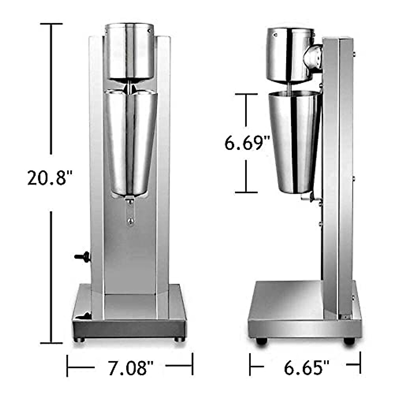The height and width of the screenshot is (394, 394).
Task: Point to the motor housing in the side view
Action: [289, 54]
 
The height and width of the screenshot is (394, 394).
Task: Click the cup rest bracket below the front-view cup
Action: [130, 210]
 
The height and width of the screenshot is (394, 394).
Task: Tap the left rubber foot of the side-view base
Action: [261, 341]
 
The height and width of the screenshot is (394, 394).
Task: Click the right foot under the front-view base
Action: [179, 339]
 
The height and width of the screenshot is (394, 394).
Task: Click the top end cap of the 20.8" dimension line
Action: [51, 24]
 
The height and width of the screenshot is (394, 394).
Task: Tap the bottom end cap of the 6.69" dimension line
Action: [246, 192]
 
